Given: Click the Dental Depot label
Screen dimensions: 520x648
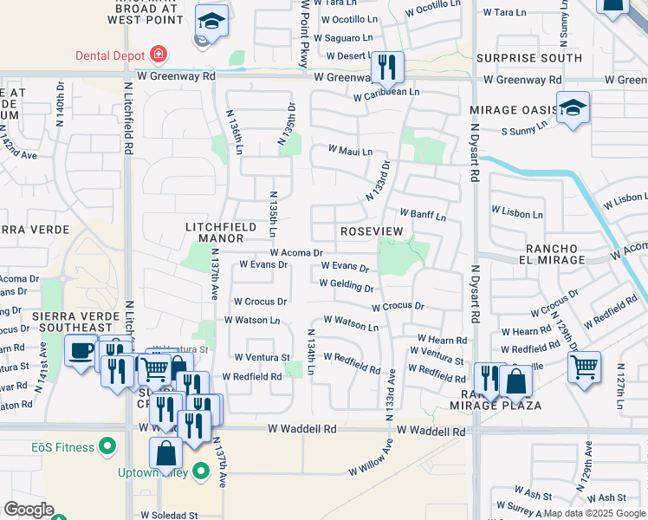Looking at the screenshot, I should (110, 55).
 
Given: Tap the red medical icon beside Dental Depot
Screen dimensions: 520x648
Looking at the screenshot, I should (158, 55).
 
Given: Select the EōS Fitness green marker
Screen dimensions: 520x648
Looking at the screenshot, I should (107, 446).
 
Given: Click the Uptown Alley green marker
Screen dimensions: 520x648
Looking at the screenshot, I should (201, 471).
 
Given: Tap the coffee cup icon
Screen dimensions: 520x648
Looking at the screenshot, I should (81, 351).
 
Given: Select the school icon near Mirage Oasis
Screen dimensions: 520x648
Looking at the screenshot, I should (573, 107).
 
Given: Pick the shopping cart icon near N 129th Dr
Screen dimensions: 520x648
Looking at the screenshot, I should (585, 366).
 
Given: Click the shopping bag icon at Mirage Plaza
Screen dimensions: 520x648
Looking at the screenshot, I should (515, 380).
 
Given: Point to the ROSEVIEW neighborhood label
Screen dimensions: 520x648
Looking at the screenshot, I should (372, 231).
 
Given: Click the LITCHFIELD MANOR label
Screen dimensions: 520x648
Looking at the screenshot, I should (221, 233).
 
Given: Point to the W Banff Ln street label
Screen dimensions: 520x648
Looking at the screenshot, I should (422, 214).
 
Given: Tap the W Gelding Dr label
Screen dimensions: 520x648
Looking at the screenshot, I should (346, 284).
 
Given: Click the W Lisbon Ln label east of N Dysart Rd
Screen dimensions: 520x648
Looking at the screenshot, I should (517, 211).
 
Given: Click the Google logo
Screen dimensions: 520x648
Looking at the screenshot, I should (29, 510).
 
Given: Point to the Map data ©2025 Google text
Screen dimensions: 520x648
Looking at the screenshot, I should (594, 513).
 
